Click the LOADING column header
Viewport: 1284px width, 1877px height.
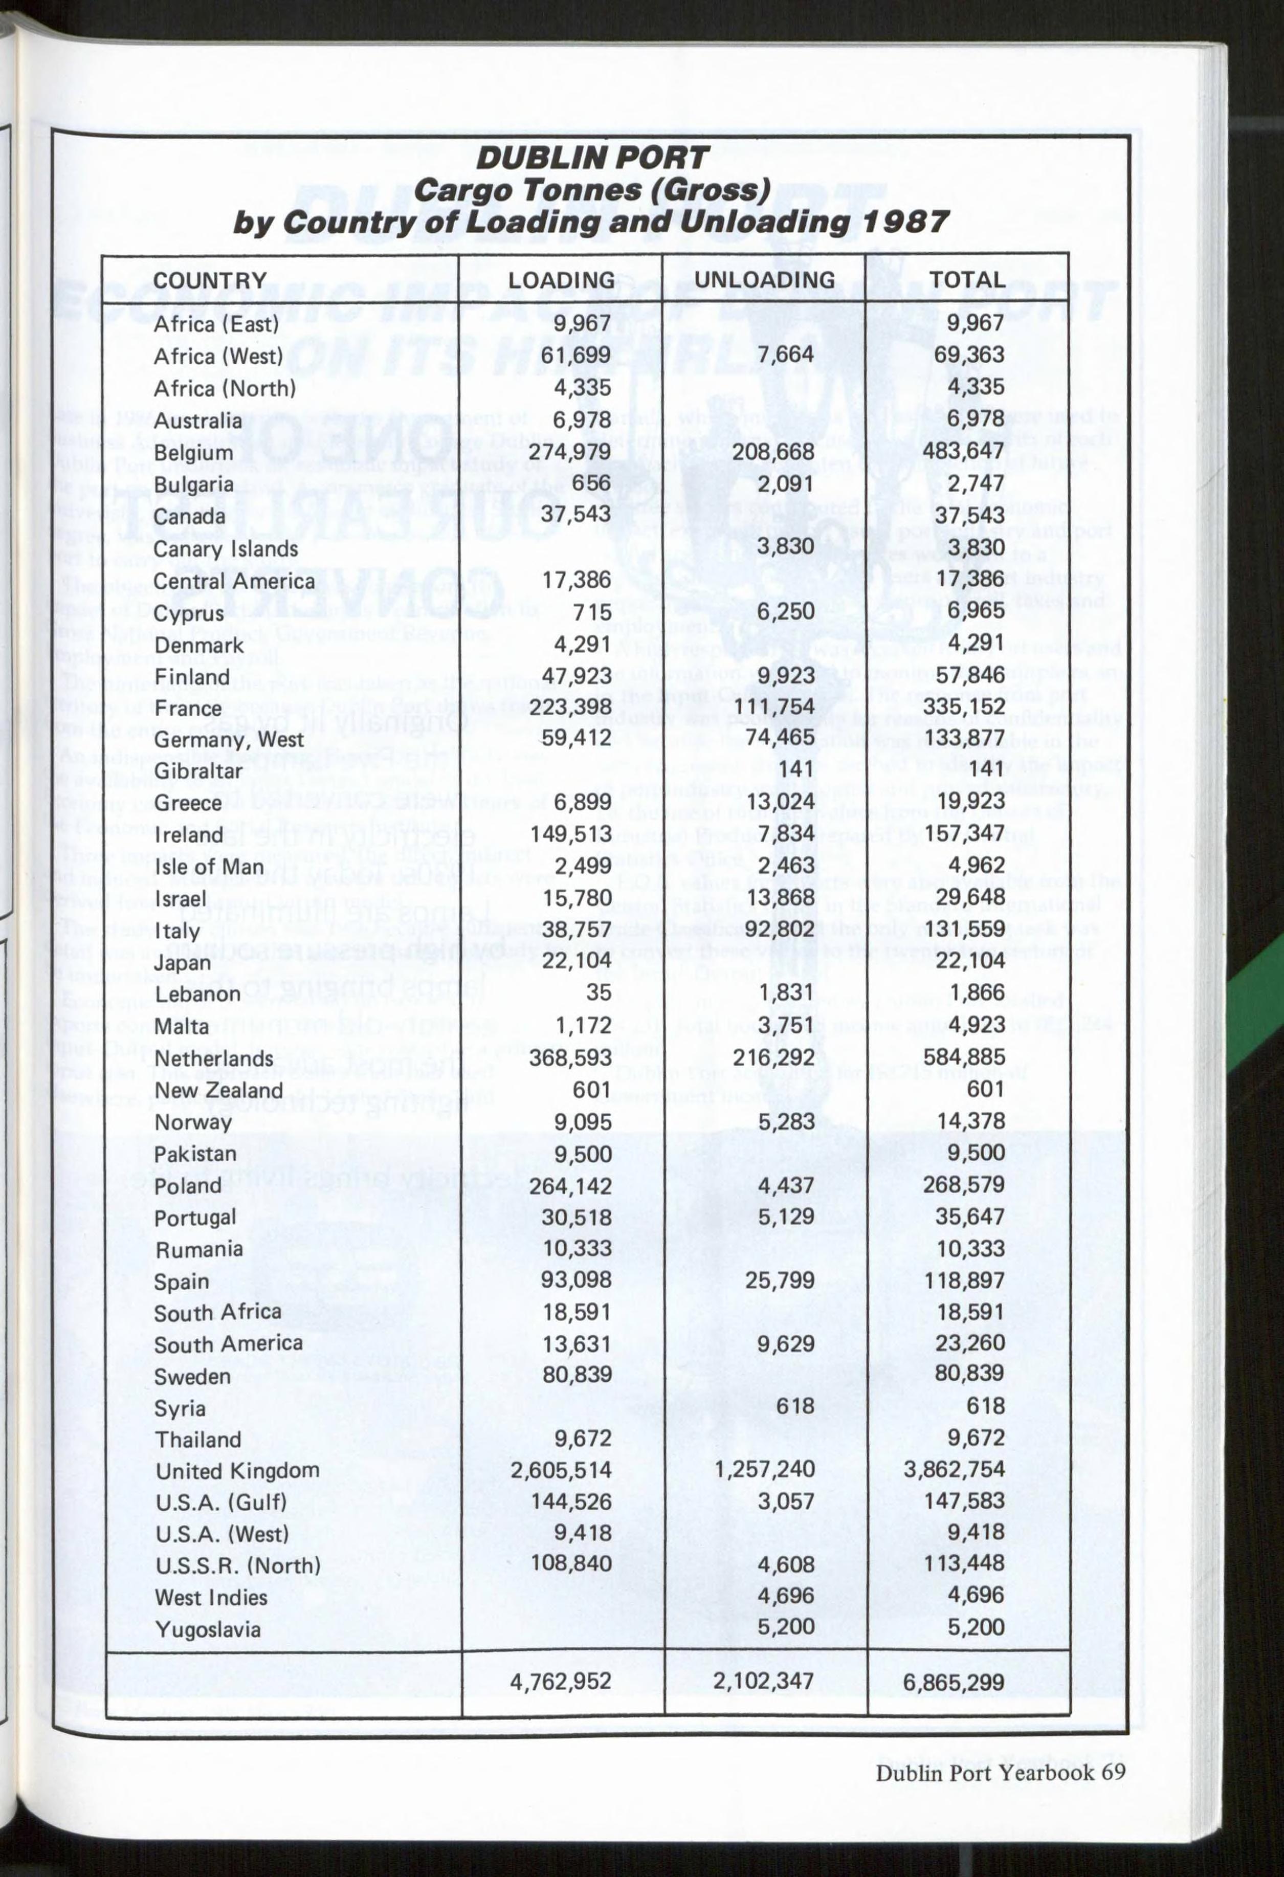pyautogui.click(x=561, y=280)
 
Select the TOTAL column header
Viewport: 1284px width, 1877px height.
pyautogui.click(x=967, y=280)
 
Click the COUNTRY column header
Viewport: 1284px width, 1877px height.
pyautogui.click(x=209, y=281)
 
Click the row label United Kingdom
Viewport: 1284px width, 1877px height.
pyautogui.click(x=237, y=1471)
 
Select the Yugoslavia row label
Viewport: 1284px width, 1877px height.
pyautogui.click(x=208, y=1629)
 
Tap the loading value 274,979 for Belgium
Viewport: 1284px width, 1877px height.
pyautogui.click(x=569, y=451)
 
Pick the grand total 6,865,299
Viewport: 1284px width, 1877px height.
pyautogui.click(x=954, y=1683)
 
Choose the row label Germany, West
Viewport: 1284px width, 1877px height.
pyautogui.click(x=229, y=740)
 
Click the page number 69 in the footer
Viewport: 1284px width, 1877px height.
pyautogui.click(x=1113, y=1773)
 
